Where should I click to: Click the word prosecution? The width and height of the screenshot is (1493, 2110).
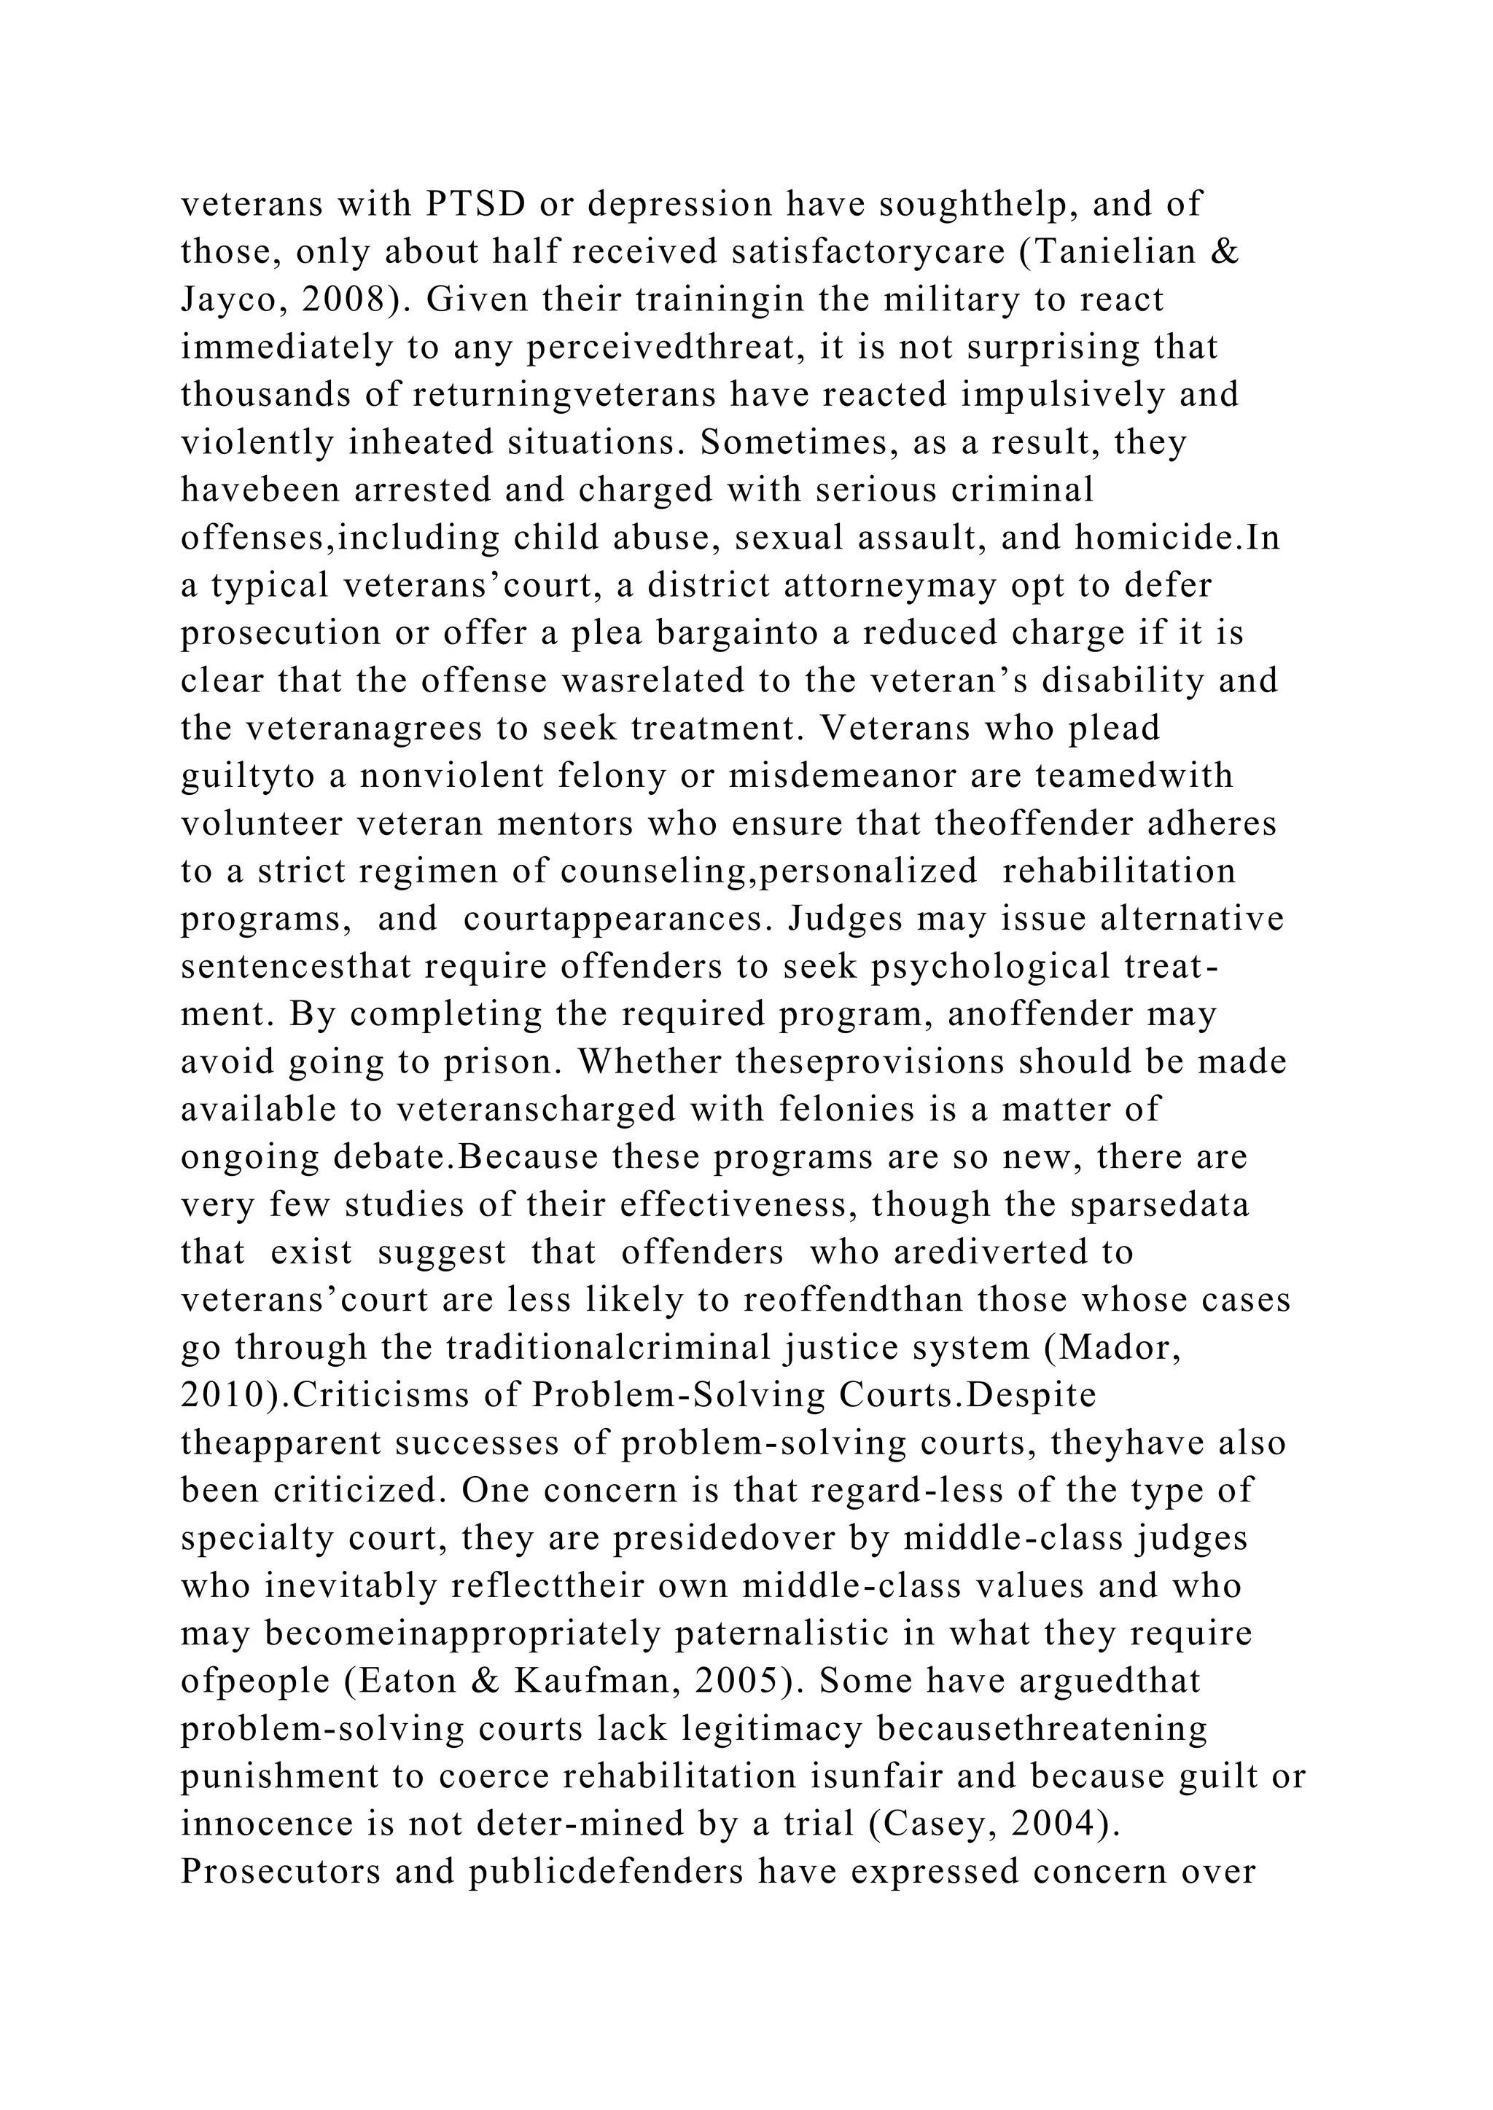point(281,633)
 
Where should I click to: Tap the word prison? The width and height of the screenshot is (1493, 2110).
point(499,1062)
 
